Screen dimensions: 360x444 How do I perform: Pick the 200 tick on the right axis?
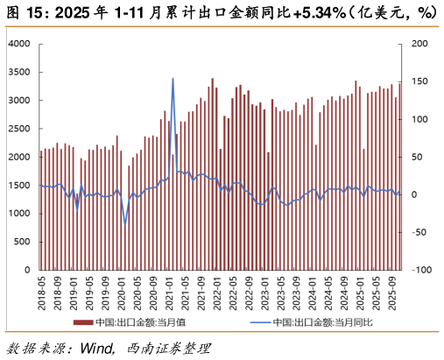pyautogui.click(x=419, y=44)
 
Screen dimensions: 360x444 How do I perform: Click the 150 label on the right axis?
pyautogui.click(x=419, y=81)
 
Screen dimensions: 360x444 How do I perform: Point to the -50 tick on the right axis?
pyautogui.click(x=419, y=232)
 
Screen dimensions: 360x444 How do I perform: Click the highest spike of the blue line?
pyautogui.click(x=173, y=79)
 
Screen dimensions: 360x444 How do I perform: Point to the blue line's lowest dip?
pyautogui.click(x=124, y=224)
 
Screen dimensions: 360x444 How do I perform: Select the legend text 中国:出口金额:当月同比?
pyautogui.click(x=322, y=322)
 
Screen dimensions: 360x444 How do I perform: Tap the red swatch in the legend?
pyautogui.click(x=83, y=322)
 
